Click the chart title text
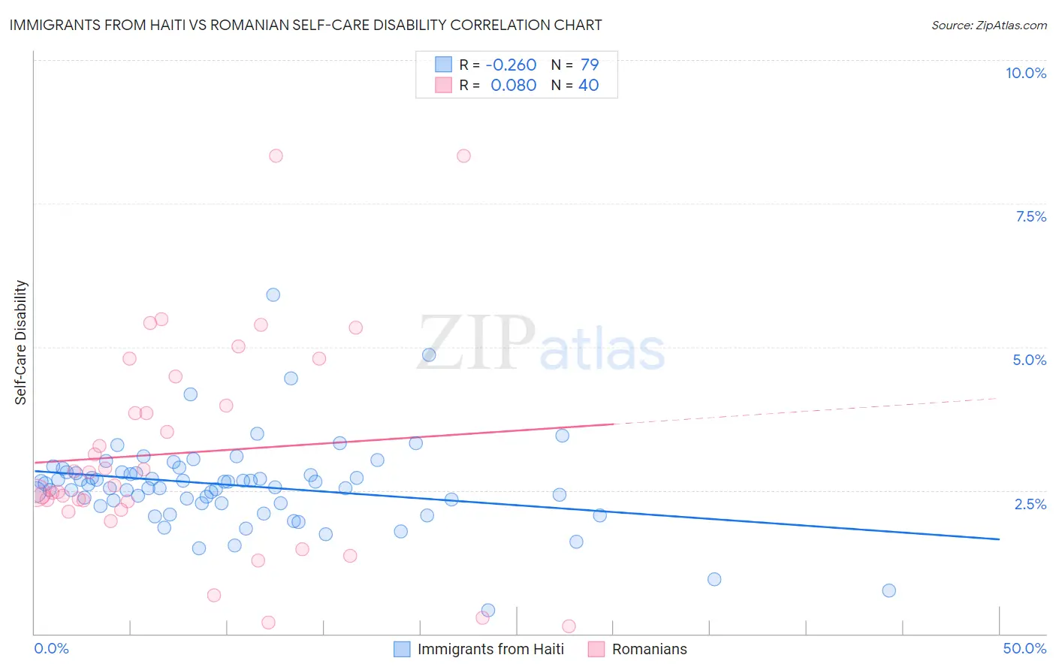coord(306,26)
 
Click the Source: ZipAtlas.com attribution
coord(988,26)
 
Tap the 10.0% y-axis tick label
coord(1025,73)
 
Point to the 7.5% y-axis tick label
coord(1030,216)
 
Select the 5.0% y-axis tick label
coord(1029,360)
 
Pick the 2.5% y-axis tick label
coord(1030,504)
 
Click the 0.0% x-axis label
coord(51,648)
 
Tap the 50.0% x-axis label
coord(1024,648)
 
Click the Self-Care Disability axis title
coord(21,343)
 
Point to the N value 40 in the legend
coord(588,86)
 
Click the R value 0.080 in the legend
coord(514,86)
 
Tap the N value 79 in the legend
coord(589,65)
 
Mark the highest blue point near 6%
coord(273,294)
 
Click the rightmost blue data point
coord(889,590)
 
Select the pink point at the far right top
coord(463,155)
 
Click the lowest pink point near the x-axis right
coord(569,626)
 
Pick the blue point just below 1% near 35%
coord(714,579)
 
